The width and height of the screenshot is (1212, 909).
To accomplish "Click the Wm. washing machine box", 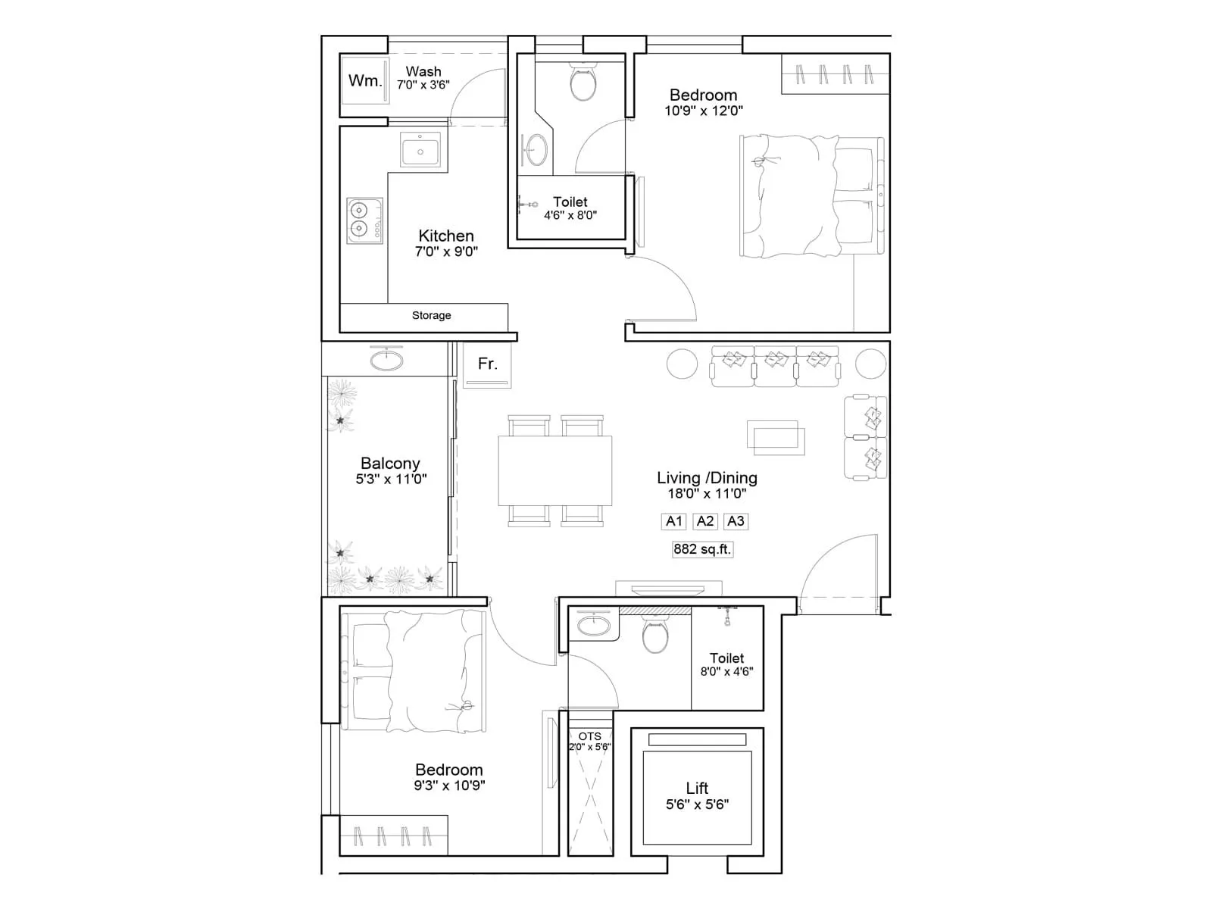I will pos(364,80).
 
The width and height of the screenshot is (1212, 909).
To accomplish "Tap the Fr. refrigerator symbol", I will pos(488,365).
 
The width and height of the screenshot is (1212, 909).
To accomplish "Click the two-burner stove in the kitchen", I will pos(365,220).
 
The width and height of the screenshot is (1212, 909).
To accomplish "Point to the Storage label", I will pos(431,315).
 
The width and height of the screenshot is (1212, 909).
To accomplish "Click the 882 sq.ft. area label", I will pos(702,549).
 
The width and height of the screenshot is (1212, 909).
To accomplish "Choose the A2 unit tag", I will pos(705,521).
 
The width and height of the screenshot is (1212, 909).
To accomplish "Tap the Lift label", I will pos(697,789).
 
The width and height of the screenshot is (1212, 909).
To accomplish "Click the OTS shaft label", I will pos(589,736).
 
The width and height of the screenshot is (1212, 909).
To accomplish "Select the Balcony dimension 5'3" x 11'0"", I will pos(391,479).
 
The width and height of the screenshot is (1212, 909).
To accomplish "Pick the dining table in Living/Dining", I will pos(554,470).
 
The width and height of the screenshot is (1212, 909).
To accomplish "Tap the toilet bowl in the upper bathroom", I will pos(583,84).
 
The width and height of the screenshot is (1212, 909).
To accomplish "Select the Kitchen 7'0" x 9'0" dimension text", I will pos(446,251).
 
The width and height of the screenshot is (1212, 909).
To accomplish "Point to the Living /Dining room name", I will pos(706,478).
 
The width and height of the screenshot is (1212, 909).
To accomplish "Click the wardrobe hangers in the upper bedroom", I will pos(834,74).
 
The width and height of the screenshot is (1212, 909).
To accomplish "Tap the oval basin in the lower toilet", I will pos(592,626).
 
